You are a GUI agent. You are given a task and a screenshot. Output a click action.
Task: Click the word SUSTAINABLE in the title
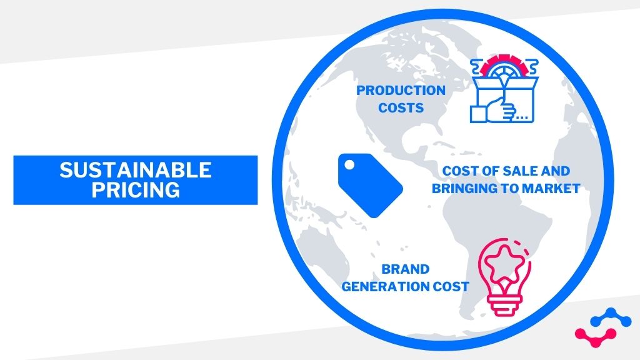coord(136,170)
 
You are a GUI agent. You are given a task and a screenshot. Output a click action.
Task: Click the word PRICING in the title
coord(136,189)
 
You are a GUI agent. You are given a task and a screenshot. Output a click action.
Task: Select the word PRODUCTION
coord(401,91)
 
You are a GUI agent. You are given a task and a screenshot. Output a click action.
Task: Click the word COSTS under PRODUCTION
coord(401,108)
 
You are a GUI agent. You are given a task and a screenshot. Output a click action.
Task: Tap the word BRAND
coord(406,269)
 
